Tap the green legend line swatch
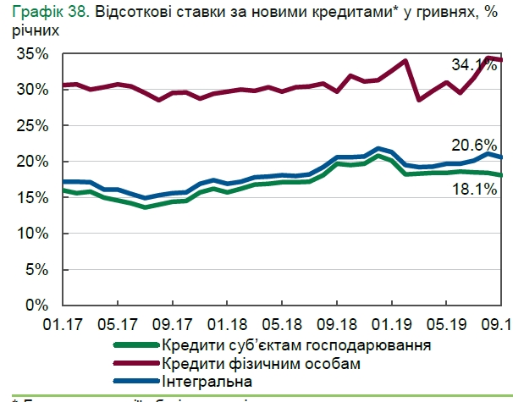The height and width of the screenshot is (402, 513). pyautogui.click(x=135, y=345)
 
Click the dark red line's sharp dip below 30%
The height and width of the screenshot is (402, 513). pyautogui.click(x=419, y=100)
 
